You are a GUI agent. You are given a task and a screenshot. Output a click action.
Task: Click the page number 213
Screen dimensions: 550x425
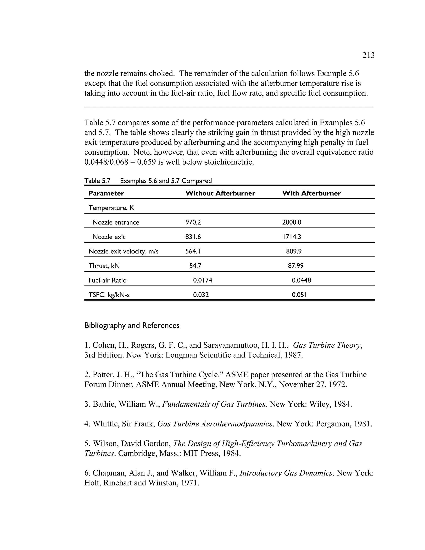pos(368,55)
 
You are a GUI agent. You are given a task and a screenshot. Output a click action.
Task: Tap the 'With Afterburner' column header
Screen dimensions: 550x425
pos(311,193)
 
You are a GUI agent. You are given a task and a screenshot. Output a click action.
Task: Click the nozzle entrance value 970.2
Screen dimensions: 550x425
pos(193,222)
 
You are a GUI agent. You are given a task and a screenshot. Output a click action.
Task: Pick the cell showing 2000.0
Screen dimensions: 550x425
pos(292,222)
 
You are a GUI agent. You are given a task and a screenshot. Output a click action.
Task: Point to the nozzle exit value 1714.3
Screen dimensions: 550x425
pos(292,237)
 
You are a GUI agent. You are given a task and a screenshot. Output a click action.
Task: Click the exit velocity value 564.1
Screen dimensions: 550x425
pos(193,251)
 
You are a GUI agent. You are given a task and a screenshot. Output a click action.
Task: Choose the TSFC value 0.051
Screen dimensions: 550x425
pos(299,295)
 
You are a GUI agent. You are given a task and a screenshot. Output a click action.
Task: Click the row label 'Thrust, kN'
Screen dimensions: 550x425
pos(104,266)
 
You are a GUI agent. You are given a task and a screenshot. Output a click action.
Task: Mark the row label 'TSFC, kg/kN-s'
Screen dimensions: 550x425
pos(109,295)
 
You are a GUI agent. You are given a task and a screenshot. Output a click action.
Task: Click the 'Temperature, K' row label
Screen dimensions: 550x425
pos(111,208)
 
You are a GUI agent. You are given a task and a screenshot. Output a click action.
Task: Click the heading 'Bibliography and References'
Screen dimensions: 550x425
pos(132,325)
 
